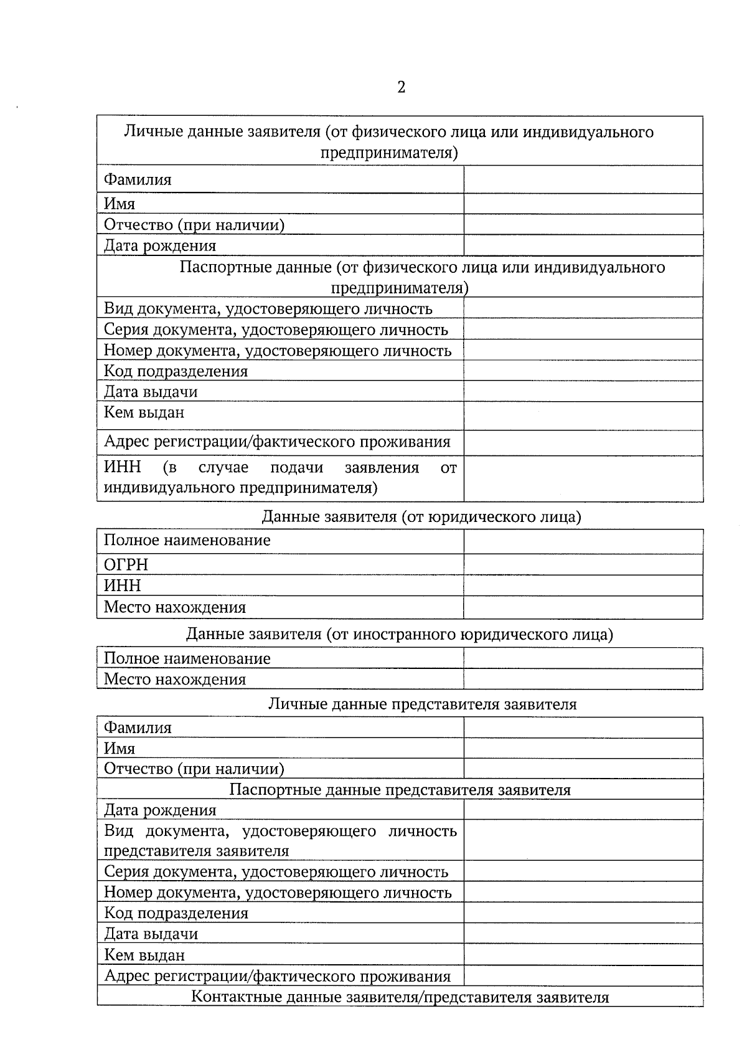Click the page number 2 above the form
click(x=401, y=87)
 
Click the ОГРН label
click(x=126, y=564)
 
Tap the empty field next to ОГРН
click(x=583, y=564)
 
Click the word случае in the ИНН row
click(x=223, y=467)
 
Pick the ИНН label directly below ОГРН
click(x=122, y=585)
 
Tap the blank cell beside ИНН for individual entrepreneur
click(x=583, y=478)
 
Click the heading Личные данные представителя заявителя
click(x=422, y=704)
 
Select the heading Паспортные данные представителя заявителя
click(x=400, y=790)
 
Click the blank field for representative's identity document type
click(x=583, y=840)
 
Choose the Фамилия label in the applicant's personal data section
click(x=137, y=180)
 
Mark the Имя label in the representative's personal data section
click(x=119, y=748)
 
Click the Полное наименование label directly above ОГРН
click(x=187, y=540)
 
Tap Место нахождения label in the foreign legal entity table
click(x=174, y=679)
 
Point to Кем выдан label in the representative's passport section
click(x=144, y=955)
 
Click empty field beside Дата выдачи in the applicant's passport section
click(x=583, y=391)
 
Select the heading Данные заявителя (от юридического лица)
click(x=421, y=516)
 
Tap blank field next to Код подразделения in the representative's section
click(x=583, y=913)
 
